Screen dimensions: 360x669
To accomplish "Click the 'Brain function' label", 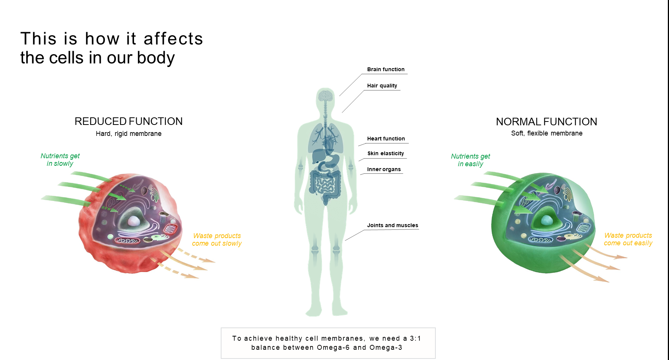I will pos(385,69).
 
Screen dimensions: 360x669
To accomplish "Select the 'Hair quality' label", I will pos(382,86).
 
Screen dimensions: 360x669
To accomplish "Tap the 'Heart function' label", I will pos(386,139).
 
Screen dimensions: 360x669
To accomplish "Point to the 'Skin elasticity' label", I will pos(385,153).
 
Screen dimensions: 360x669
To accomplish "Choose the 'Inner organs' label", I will pos(384,169).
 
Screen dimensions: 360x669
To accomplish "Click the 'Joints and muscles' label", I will pos(392,225).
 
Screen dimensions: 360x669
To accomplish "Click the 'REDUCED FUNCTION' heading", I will pos(128,121).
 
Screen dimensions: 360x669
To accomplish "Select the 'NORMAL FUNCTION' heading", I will pos(546,122).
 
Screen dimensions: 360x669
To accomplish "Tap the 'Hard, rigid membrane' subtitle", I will pos(128,134).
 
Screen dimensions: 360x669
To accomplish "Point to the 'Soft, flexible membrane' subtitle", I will pos(546,133).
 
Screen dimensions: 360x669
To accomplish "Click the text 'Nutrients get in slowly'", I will pos(60,160).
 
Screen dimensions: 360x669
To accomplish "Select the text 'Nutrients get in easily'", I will pos(470,160).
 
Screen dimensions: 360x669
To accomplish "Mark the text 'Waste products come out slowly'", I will pos(217,240).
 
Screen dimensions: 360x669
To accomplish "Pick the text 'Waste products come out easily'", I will pos(628,239).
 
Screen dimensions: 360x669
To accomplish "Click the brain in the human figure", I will pos(325,95).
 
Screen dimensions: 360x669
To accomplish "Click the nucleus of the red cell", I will pos(133,221).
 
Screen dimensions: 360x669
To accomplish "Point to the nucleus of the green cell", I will pos(546,220).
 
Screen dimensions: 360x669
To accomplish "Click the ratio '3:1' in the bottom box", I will pos(415,338).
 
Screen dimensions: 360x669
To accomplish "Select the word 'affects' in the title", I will pos(173,39).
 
